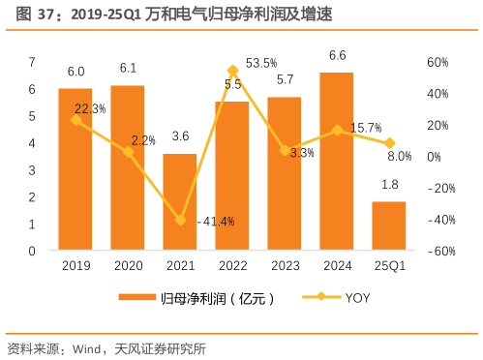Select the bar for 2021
pos(179,202)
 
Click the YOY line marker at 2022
pos(232,71)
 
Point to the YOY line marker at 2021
pos(180,220)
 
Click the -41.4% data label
pos(216,222)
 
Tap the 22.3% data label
pos(90,109)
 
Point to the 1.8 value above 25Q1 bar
pos(388,184)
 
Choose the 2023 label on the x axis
pos(284,265)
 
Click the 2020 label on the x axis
pos(127,265)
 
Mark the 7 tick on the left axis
pos(32,62)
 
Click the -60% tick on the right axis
pos(441,252)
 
